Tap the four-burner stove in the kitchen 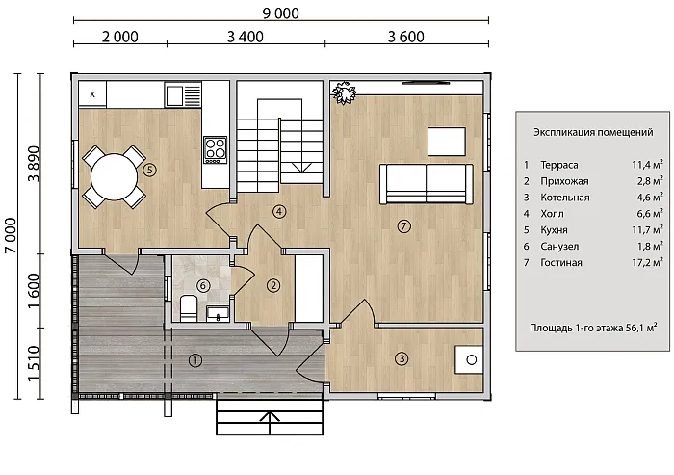216,149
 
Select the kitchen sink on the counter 184,94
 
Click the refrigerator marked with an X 92,94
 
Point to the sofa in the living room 427,184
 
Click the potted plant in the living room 345,92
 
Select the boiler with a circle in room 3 469,359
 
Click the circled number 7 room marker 403,225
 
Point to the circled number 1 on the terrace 195,360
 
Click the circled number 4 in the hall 279,211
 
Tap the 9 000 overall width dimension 281,13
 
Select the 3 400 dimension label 245,37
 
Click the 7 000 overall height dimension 11,236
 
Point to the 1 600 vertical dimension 34,290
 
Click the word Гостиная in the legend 561,262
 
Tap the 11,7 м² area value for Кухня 647,229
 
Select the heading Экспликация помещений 593,132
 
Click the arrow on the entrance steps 270,422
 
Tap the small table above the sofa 447,141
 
